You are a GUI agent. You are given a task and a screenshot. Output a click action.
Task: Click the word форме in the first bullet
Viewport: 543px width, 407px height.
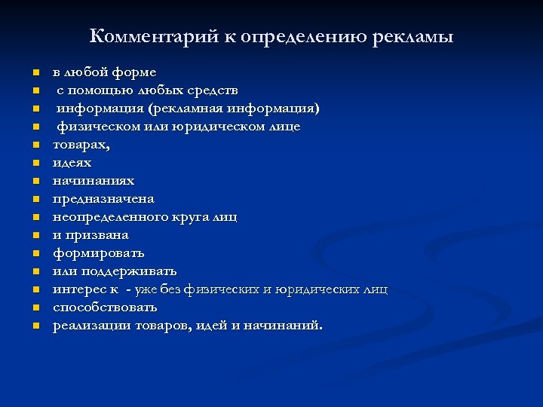pos(134,72)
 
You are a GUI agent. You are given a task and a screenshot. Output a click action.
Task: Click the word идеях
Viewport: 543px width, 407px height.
pos(72,163)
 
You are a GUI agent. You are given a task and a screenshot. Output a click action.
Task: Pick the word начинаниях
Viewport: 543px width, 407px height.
pos(94,181)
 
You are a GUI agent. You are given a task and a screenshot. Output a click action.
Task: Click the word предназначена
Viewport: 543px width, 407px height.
pos(103,199)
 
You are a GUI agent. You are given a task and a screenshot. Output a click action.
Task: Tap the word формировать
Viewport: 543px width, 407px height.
pos(98,253)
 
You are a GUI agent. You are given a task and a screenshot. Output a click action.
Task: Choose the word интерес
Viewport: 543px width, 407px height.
pos(77,289)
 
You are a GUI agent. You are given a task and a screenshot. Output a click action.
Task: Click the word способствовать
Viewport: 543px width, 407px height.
pos(105,308)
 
